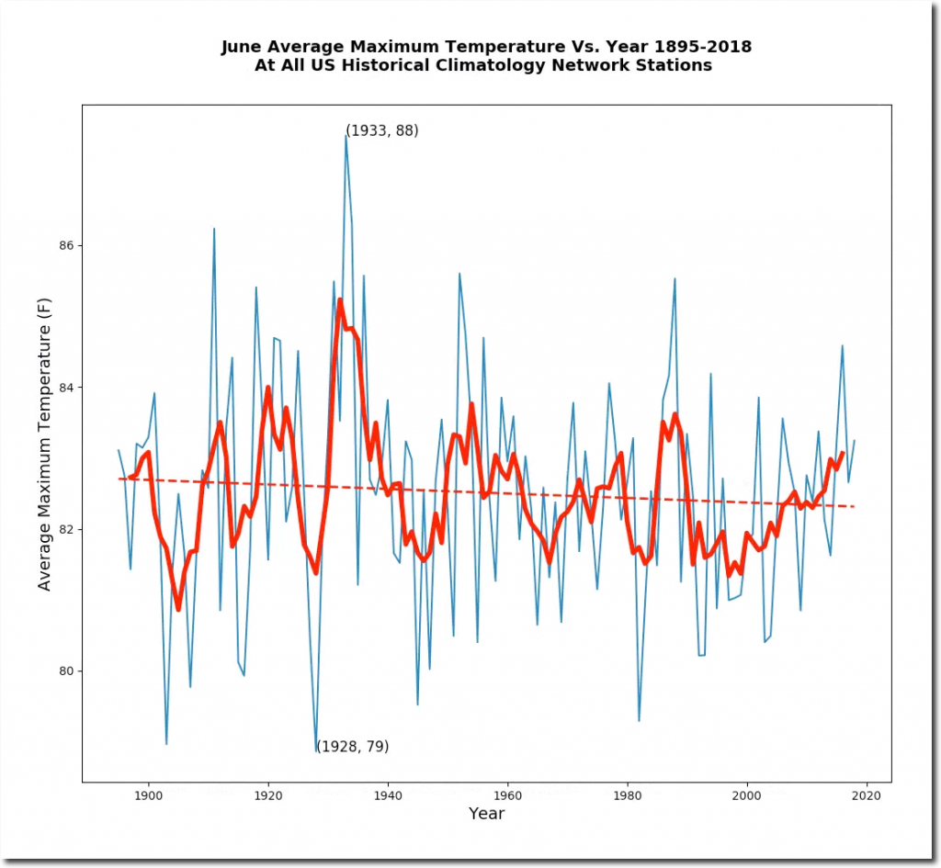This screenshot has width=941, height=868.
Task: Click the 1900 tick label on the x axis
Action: pyautogui.click(x=147, y=796)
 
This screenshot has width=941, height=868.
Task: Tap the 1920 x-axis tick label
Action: pyautogui.click(x=267, y=796)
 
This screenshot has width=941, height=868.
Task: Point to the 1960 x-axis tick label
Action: pyautogui.click(x=507, y=796)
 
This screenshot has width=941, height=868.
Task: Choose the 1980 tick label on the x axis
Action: pyautogui.click(x=628, y=796)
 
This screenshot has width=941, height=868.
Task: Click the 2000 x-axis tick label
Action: pyautogui.click(x=747, y=796)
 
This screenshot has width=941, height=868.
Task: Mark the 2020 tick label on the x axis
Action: pyautogui.click(x=867, y=796)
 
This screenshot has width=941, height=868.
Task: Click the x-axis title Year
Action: pyautogui.click(x=486, y=814)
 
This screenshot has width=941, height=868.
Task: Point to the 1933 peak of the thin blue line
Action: pyautogui.click(x=346, y=136)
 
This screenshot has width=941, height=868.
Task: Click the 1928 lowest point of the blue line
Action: pyautogui.click(x=316, y=752)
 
